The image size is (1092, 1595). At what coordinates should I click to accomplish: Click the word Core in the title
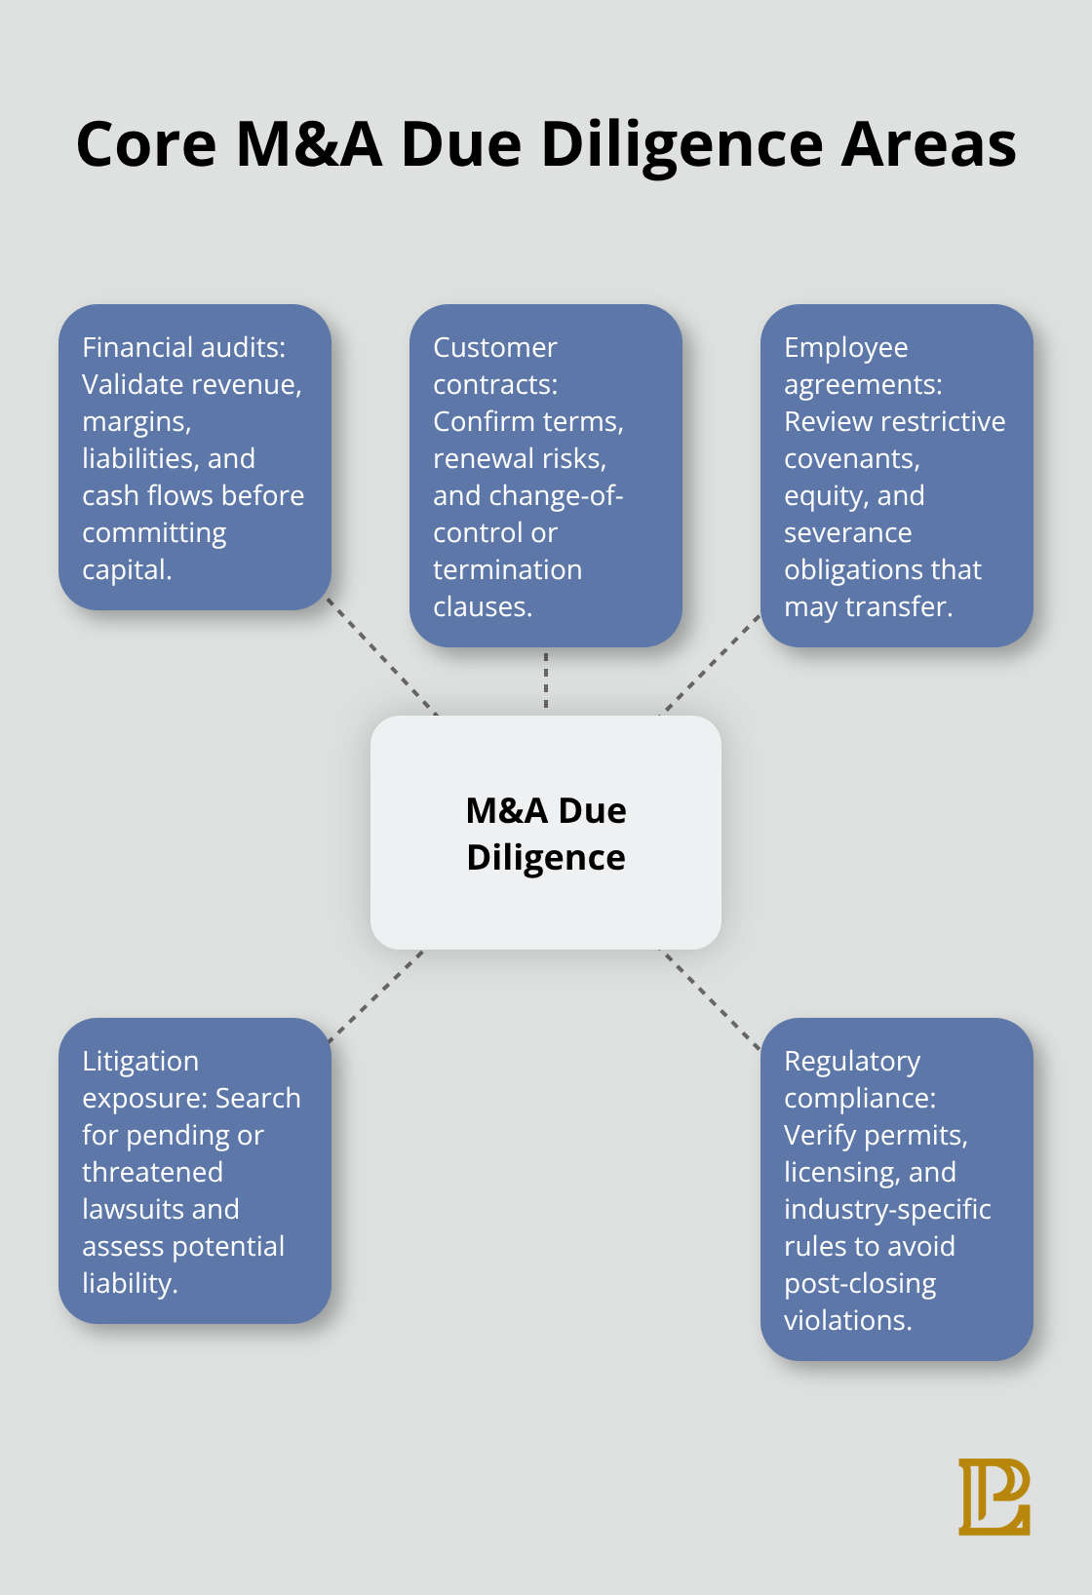point(145,145)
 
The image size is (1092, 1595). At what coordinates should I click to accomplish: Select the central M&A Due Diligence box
point(546,833)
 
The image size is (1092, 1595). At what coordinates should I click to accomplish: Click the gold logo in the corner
point(994,1497)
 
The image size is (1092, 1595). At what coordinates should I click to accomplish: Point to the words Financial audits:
point(183,348)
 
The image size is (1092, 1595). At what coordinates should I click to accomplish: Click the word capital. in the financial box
point(127,570)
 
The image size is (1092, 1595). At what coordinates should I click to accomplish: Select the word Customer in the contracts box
point(494,348)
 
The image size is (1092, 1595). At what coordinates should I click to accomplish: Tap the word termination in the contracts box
point(507,570)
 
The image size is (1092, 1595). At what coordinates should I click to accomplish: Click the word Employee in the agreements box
point(845,348)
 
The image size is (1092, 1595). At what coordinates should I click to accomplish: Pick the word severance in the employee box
point(847,533)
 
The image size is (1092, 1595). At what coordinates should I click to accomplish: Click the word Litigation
point(140,1062)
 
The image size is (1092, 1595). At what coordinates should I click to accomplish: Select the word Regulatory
point(852,1062)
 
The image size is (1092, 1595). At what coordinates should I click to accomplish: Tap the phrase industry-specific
point(887,1210)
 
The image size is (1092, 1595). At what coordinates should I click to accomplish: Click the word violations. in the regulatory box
point(847,1321)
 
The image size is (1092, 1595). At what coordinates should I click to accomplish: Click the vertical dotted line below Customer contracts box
point(546,681)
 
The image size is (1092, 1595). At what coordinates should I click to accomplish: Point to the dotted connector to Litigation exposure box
point(376,996)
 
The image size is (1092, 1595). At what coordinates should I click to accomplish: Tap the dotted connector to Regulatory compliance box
point(711,1000)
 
